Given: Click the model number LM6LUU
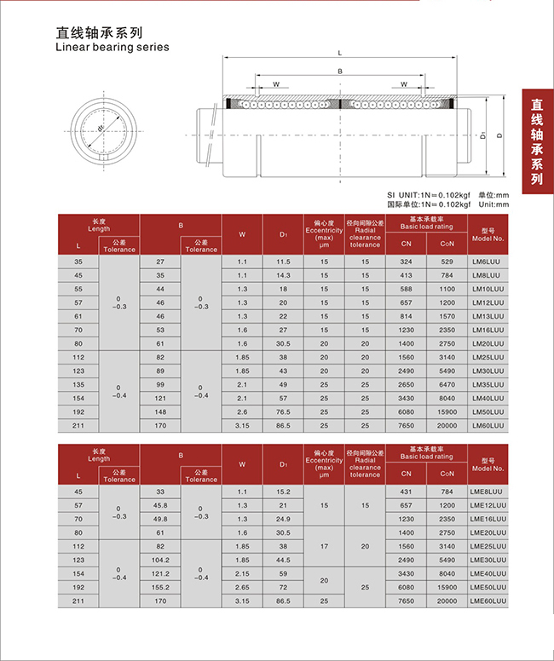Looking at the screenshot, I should [488, 262].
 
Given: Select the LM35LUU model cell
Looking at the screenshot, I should [488, 385].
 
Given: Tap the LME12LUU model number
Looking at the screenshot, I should [488, 504].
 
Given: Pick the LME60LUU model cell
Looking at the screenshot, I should [488, 601].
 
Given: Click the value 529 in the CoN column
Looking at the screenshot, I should [447, 262].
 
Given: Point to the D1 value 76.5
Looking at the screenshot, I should [284, 412].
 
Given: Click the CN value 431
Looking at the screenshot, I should [406, 491].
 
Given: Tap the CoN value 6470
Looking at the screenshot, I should [447, 385].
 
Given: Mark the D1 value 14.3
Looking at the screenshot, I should [284, 275].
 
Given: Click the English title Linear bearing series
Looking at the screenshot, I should [112, 47].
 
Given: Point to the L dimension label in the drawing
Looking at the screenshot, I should [340, 53].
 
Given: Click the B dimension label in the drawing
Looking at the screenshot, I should [340, 73].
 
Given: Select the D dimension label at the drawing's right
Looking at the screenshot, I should [499, 134].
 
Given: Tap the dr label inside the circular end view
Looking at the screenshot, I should [101, 128].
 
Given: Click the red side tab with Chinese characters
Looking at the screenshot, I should [536, 141].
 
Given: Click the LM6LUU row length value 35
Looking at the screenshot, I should [79, 262].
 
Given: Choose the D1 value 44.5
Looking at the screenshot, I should [284, 560].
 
